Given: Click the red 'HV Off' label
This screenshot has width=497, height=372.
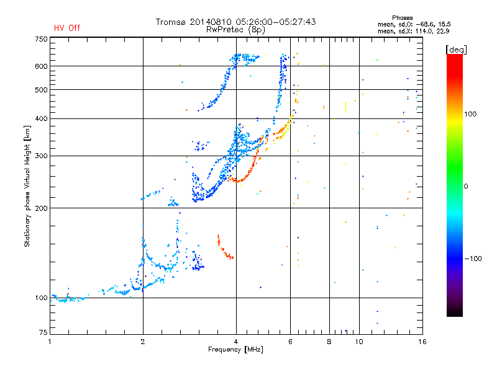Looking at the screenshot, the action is (x=67, y=28).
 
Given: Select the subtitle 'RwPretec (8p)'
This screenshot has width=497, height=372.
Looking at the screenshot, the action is (x=235, y=30).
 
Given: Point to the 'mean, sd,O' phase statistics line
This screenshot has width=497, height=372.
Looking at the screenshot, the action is (x=414, y=24).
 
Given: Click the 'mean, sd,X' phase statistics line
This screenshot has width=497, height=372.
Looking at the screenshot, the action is (x=413, y=31).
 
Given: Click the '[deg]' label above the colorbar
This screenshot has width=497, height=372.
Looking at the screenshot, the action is (x=456, y=50).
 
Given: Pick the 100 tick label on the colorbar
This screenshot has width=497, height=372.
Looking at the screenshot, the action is (x=470, y=114).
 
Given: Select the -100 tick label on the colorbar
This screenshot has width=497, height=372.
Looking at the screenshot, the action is (x=473, y=259).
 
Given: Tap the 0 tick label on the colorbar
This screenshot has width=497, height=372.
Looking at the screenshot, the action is (x=466, y=187).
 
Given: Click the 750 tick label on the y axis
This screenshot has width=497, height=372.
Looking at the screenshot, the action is (x=42, y=39).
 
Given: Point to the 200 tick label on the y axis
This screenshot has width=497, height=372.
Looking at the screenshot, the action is (x=42, y=208).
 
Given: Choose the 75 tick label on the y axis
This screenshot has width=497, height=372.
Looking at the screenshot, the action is (x=43, y=332).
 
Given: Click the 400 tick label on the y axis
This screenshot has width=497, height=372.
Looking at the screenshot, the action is (x=42, y=118).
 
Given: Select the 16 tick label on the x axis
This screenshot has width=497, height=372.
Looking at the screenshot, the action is (x=422, y=342).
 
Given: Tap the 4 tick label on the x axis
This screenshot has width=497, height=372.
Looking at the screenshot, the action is (x=236, y=342).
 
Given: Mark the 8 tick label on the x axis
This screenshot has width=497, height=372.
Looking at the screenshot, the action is (x=329, y=342).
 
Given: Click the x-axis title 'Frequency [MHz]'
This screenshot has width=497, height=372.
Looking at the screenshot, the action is (x=235, y=350).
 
